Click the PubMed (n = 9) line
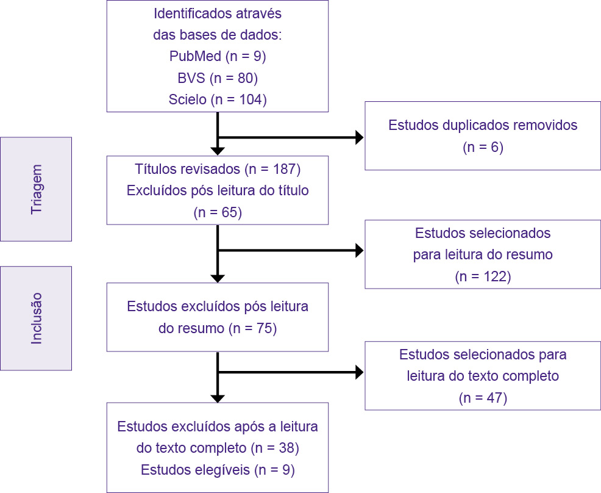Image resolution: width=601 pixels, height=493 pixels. point(218,57)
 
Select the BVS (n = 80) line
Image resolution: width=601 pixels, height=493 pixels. point(218,78)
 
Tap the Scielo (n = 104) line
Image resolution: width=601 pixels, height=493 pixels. point(218,99)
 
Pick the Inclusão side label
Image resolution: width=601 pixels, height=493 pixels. point(37,318)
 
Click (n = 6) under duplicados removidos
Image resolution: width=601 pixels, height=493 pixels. point(482,147)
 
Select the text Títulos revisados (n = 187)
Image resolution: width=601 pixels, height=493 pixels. point(218,168)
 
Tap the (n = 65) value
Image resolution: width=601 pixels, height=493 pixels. point(218,212)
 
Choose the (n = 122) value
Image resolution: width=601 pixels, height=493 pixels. point(482,276)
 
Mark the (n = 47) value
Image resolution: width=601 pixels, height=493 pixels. point(482,398)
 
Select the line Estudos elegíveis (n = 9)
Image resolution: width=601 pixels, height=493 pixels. point(218,470)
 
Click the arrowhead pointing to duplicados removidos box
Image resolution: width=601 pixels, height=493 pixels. point(359,138)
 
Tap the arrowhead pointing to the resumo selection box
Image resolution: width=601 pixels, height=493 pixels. point(359,250)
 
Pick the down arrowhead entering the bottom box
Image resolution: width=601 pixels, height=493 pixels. point(218,398)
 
